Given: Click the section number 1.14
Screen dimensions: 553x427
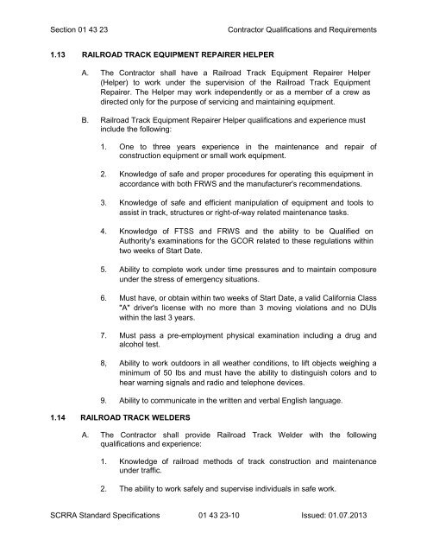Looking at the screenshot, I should pos(36,419).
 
